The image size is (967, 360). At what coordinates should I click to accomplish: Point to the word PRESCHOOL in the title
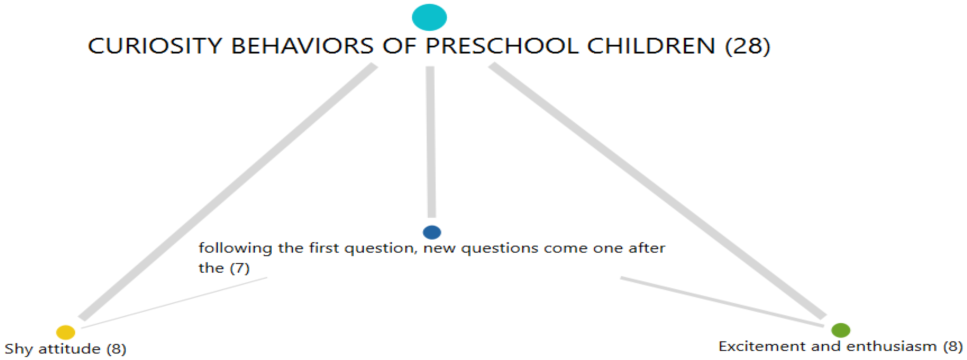click(501, 46)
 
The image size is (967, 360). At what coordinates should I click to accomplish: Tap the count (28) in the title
click(747, 46)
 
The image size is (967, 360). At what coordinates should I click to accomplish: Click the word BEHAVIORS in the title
click(302, 46)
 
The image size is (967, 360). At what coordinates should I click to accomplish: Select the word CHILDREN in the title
click(651, 46)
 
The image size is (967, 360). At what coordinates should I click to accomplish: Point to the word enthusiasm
click(892, 346)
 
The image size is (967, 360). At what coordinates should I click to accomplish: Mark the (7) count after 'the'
click(240, 268)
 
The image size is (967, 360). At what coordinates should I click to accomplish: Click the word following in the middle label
click(235, 249)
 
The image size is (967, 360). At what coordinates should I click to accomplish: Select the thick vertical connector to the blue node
click(430, 142)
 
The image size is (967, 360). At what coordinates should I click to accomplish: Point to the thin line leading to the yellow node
click(174, 302)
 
